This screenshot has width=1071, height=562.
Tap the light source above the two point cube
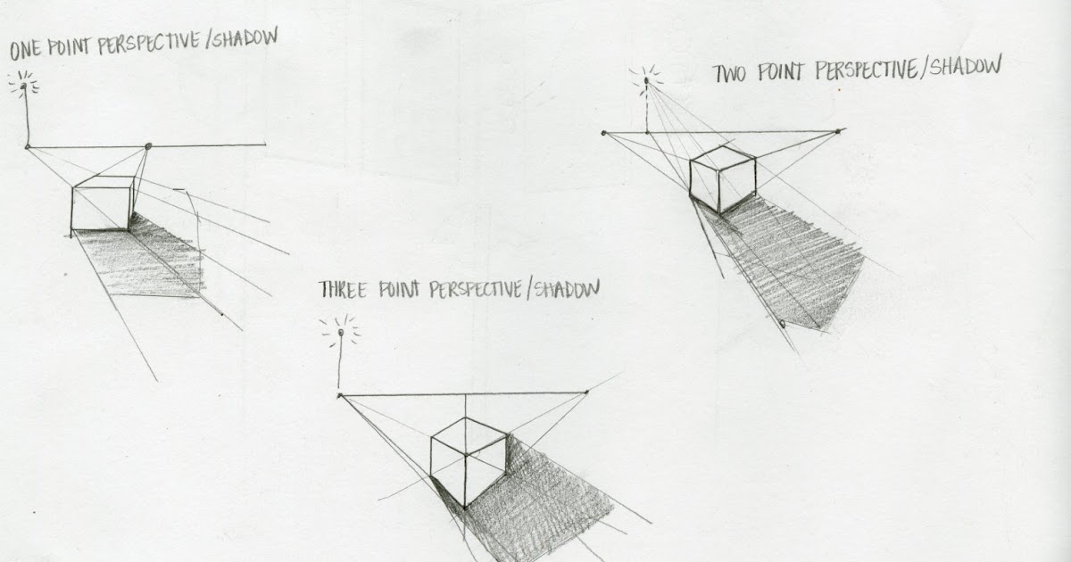click(645, 81)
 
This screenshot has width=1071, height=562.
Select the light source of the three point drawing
click(340, 335)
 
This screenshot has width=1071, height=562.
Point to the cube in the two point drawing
click(722, 178)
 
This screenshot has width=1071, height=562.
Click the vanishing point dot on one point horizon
click(148, 145)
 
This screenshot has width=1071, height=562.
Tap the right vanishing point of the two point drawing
click(838, 131)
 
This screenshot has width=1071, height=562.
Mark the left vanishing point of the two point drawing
click(605, 133)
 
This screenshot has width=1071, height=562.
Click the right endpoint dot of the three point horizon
click(586, 392)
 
